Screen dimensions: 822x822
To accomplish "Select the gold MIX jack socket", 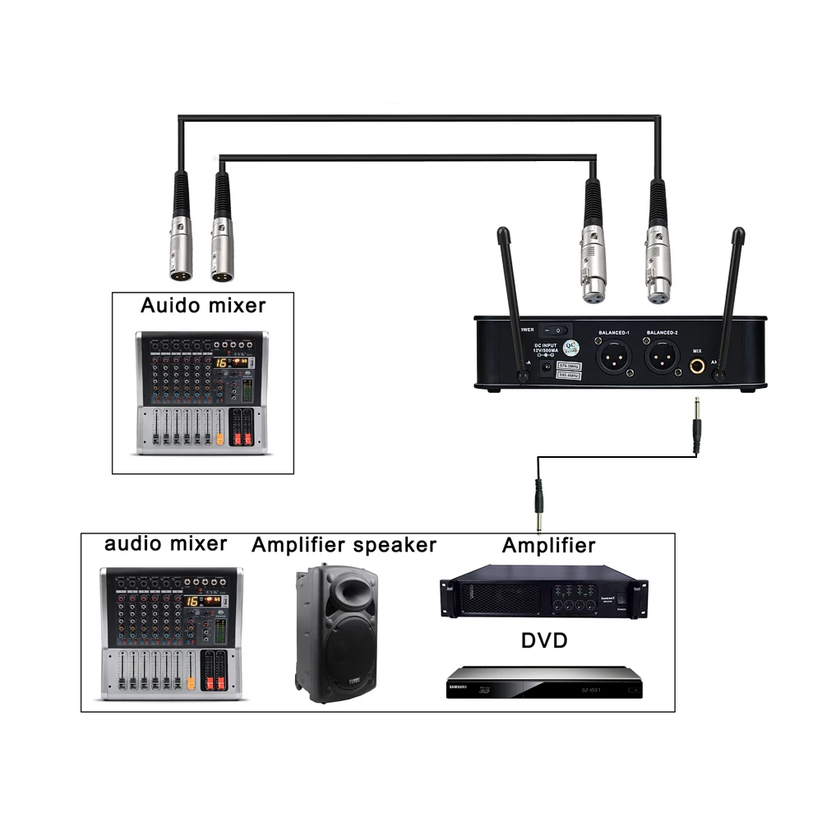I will (x=697, y=367).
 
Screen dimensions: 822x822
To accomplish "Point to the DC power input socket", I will (x=543, y=372).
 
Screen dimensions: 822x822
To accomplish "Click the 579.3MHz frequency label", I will (x=567, y=364).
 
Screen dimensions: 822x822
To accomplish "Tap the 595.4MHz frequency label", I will (x=567, y=375).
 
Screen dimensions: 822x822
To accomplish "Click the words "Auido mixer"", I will (x=203, y=306).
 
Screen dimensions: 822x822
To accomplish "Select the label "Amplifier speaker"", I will (x=344, y=545).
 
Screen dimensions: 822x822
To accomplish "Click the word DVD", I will (x=544, y=640).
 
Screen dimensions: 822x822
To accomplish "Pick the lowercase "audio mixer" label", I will (x=165, y=543).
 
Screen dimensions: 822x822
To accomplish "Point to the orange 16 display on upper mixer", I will (x=221, y=363).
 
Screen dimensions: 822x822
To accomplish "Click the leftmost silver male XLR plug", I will (x=182, y=247).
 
